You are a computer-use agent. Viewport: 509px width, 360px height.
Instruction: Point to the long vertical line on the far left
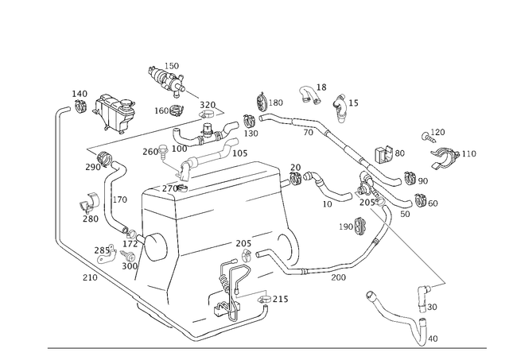click(55, 175)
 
